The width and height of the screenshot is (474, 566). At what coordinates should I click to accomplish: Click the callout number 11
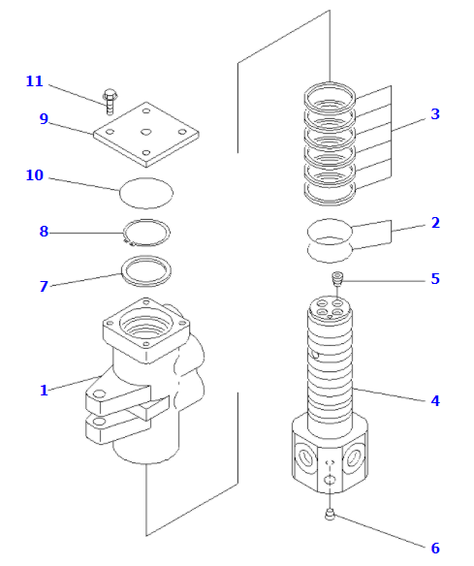(x=34, y=81)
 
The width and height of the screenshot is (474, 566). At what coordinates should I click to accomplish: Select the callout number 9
(x=44, y=119)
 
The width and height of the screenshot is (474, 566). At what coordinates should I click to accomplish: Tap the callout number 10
(x=34, y=175)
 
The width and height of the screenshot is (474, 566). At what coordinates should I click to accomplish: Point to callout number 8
(x=44, y=232)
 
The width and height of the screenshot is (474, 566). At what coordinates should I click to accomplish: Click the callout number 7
(x=44, y=287)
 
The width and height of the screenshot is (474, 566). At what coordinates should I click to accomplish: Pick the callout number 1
(x=44, y=390)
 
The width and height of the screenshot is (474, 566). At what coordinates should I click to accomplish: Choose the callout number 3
(x=435, y=114)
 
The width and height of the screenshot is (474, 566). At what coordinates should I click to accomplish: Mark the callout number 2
(x=435, y=223)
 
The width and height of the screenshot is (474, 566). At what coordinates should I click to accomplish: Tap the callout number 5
(x=435, y=279)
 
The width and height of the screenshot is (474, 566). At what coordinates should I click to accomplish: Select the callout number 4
(x=435, y=400)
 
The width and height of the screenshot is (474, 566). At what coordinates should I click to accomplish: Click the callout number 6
(x=435, y=549)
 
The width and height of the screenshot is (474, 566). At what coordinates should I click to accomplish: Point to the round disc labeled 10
(x=145, y=192)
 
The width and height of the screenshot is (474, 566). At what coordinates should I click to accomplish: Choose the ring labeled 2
(x=330, y=240)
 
